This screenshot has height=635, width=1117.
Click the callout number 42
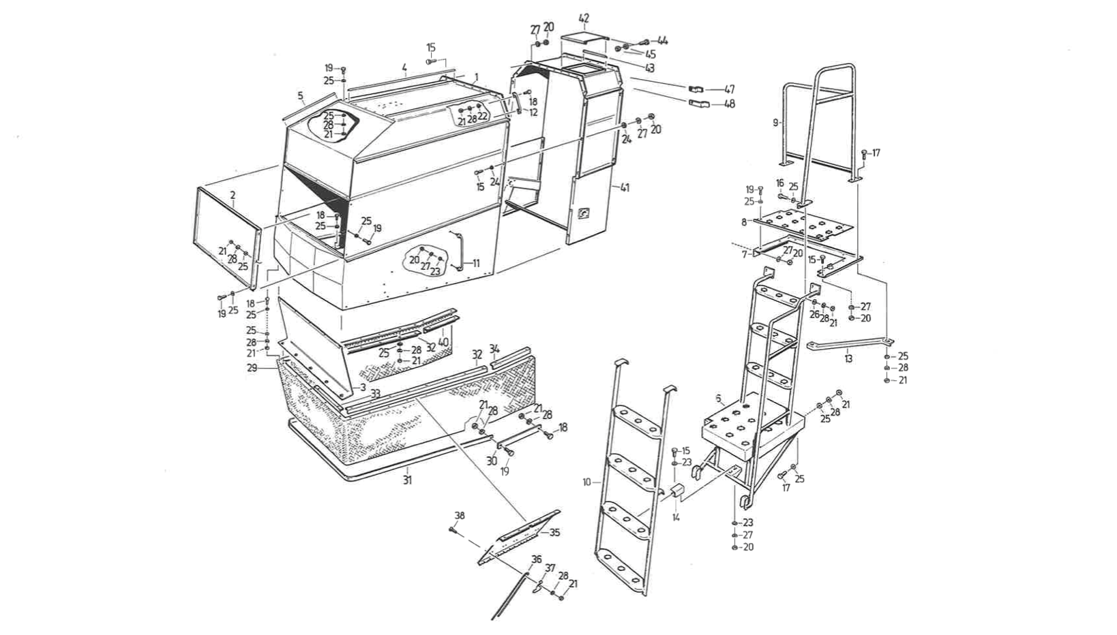584,18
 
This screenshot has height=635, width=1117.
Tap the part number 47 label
729,90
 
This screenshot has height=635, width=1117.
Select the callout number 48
729,105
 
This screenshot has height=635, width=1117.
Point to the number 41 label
625,188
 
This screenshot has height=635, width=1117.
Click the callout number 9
775,123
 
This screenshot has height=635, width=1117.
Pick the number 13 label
848,358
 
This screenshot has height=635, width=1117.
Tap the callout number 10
586,482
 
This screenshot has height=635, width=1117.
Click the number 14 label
676,517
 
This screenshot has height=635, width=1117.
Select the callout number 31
408,480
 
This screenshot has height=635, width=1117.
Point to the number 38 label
459,516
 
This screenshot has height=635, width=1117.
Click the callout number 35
554,532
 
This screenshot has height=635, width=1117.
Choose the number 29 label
252,368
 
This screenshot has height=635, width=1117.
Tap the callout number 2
233,195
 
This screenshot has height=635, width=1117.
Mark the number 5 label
300,95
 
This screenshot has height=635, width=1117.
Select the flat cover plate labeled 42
584,39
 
